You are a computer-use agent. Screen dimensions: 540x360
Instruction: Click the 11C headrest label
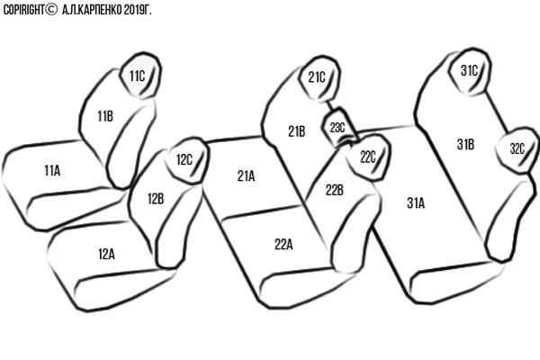pyautogui.click(x=137, y=76)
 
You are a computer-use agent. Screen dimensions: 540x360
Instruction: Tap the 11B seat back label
pyautogui.click(x=105, y=116)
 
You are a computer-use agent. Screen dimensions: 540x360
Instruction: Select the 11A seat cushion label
pyautogui.click(x=52, y=170)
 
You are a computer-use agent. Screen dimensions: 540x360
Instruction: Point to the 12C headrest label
pyautogui.click(x=184, y=160)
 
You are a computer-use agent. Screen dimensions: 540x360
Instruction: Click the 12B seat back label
pyautogui.click(x=156, y=199)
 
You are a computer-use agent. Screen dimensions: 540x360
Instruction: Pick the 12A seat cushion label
pyautogui.click(x=106, y=254)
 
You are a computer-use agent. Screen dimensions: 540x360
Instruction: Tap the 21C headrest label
pyautogui.click(x=317, y=77)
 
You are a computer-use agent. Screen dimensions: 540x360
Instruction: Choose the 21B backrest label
pyautogui.click(x=296, y=131)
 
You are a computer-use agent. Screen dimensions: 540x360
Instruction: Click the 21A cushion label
pyautogui.click(x=246, y=176)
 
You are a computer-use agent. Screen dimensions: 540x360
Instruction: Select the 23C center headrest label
pyautogui.click(x=337, y=128)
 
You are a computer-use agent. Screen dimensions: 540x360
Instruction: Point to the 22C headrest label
pyautogui.click(x=368, y=157)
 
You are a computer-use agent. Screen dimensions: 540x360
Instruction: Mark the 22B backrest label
pyautogui.click(x=335, y=190)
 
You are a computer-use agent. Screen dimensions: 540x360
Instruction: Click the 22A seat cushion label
pyautogui.click(x=283, y=244)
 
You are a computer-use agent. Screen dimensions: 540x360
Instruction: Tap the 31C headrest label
pyautogui.click(x=470, y=70)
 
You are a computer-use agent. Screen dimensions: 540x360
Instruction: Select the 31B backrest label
pyautogui.click(x=465, y=144)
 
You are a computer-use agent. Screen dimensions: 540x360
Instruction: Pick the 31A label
pyautogui.click(x=416, y=203)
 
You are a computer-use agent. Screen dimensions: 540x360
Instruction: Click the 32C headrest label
pyautogui.click(x=517, y=148)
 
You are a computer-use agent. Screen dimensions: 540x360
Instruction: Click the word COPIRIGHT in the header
pyautogui.click(x=23, y=10)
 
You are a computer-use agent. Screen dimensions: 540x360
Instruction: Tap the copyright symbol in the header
pyautogui.click(x=51, y=10)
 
